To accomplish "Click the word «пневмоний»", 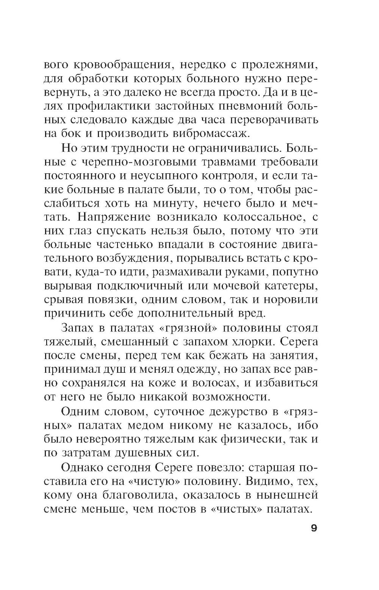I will pyautogui.click(x=249, y=106).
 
